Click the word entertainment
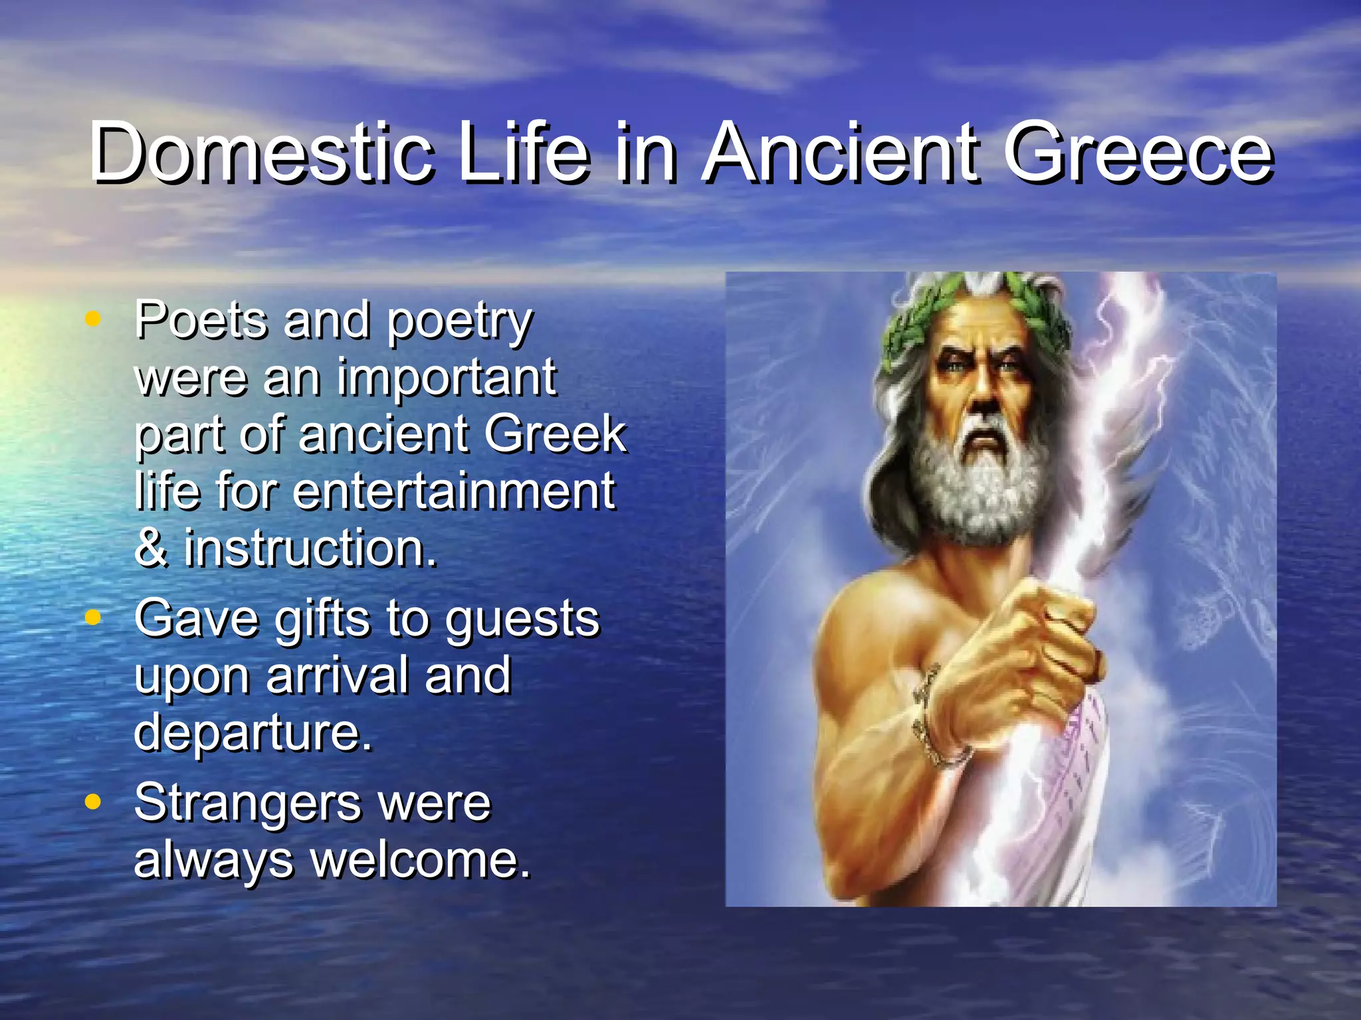(454, 491)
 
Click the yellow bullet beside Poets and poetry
(93, 319)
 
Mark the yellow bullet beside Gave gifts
(93, 618)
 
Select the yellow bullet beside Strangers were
(93, 802)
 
